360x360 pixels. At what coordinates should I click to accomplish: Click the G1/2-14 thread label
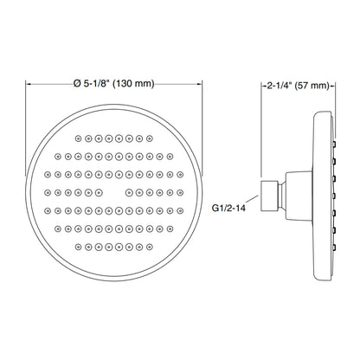click(x=228, y=208)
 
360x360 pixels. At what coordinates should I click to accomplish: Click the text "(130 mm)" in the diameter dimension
click(x=133, y=84)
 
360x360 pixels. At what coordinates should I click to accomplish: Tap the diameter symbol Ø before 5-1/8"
click(x=77, y=84)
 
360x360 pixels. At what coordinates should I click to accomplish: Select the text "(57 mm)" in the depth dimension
click(x=312, y=86)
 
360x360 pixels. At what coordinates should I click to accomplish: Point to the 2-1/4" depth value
click(x=280, y=86)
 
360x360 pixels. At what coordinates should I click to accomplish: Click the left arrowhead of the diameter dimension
click(x=29, y=84)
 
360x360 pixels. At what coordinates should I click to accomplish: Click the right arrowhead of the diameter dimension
click(x=200, y=84)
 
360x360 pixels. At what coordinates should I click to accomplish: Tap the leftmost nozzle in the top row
click(x=78, y=138)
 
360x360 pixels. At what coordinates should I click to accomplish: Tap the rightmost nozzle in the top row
click(x=149, y=138)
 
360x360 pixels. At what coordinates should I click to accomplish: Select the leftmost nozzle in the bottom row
click(x=78, y=247)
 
